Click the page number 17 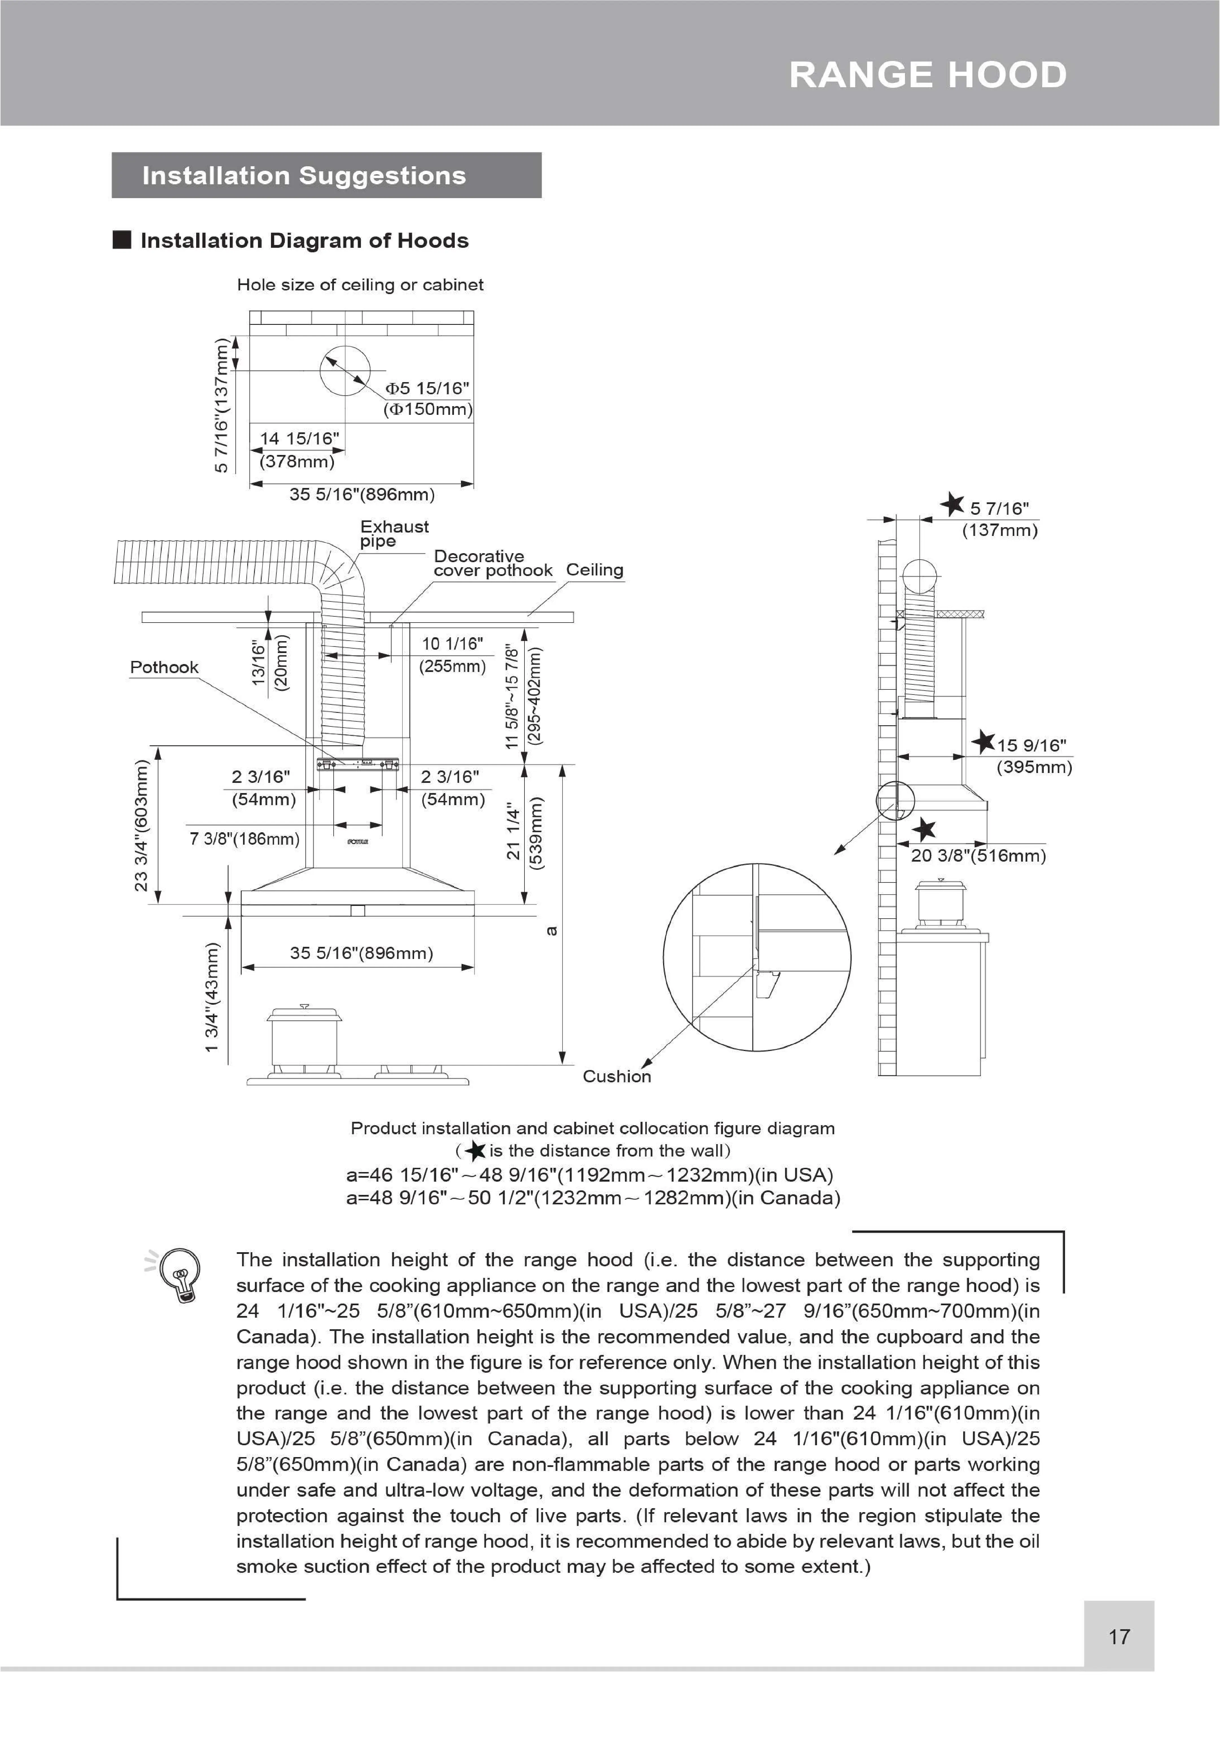[1118, 1636]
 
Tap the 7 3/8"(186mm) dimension [244, 839]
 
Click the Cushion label [617, 1076]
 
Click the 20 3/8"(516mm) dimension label [978, 855]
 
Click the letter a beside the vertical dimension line [553, 930]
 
